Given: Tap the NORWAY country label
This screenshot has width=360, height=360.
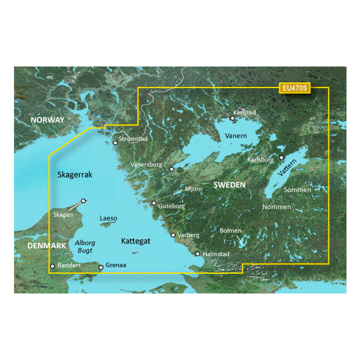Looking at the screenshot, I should [47, 120].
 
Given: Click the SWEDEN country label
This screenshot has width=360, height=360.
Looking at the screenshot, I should [229, 185].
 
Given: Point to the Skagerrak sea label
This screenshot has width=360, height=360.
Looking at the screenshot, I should [75, 174].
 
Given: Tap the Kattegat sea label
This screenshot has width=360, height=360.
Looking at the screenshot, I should [135, 241].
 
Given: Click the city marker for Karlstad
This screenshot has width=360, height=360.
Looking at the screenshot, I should [232, 118].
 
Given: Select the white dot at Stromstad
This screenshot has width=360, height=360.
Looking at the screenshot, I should [115, 143].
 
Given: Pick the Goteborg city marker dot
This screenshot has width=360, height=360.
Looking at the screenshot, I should [154, 203].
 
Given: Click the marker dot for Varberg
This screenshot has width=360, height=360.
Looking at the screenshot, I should [173, 234].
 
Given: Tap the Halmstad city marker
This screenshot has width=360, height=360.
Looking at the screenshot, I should [197, 253].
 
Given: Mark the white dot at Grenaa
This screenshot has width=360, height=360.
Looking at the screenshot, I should [101, 267].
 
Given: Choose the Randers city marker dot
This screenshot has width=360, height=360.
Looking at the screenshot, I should [52, 266].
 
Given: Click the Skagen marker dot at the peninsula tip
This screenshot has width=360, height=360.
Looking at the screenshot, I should [83, 200].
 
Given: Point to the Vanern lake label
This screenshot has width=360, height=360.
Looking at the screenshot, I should [235, 135].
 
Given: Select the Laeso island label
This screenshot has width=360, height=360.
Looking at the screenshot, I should [108, 218].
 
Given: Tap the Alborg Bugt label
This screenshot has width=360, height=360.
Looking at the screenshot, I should [85, 246].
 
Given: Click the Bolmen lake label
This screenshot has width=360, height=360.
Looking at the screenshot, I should [230, 230].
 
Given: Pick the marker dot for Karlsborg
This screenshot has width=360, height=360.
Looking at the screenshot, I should [281, 157].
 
